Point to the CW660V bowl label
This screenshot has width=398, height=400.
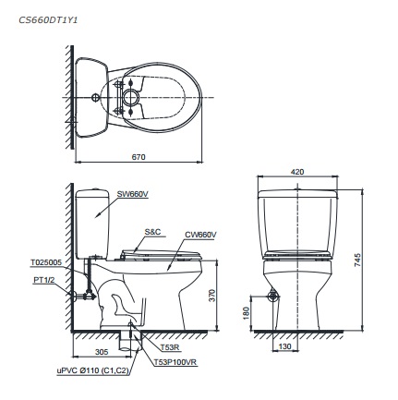point(199,235)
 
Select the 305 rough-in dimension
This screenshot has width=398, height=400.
point(102,352)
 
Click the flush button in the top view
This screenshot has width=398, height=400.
point(131,95)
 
